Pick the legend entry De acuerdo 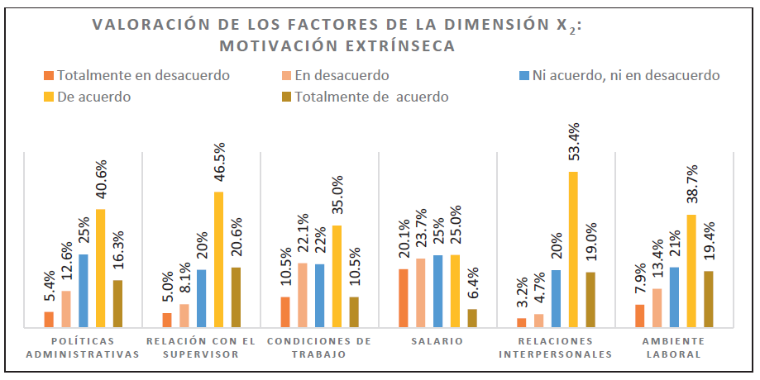(x=93, y=97)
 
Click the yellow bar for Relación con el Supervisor (x=218, y=259)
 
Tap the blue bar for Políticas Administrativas (x=83, y=290)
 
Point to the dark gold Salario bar (x=472, y=318)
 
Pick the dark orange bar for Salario (x=403, y=298)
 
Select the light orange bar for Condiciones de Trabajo (x=303, y=295)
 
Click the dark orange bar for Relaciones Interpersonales (x=521, y=323)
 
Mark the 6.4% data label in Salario (x=472, y=286)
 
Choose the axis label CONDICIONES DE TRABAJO (x=319, y=348)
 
